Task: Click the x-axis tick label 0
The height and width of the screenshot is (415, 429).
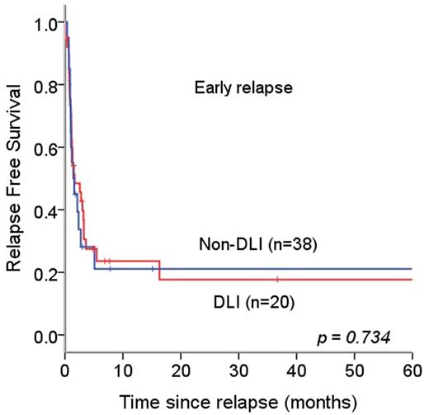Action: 65,365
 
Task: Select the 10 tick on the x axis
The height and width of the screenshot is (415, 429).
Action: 123,365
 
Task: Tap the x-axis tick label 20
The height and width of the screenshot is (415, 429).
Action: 181,365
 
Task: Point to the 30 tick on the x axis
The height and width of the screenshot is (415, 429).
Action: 238,365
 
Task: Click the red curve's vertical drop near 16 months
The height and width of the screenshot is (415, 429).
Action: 159,271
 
